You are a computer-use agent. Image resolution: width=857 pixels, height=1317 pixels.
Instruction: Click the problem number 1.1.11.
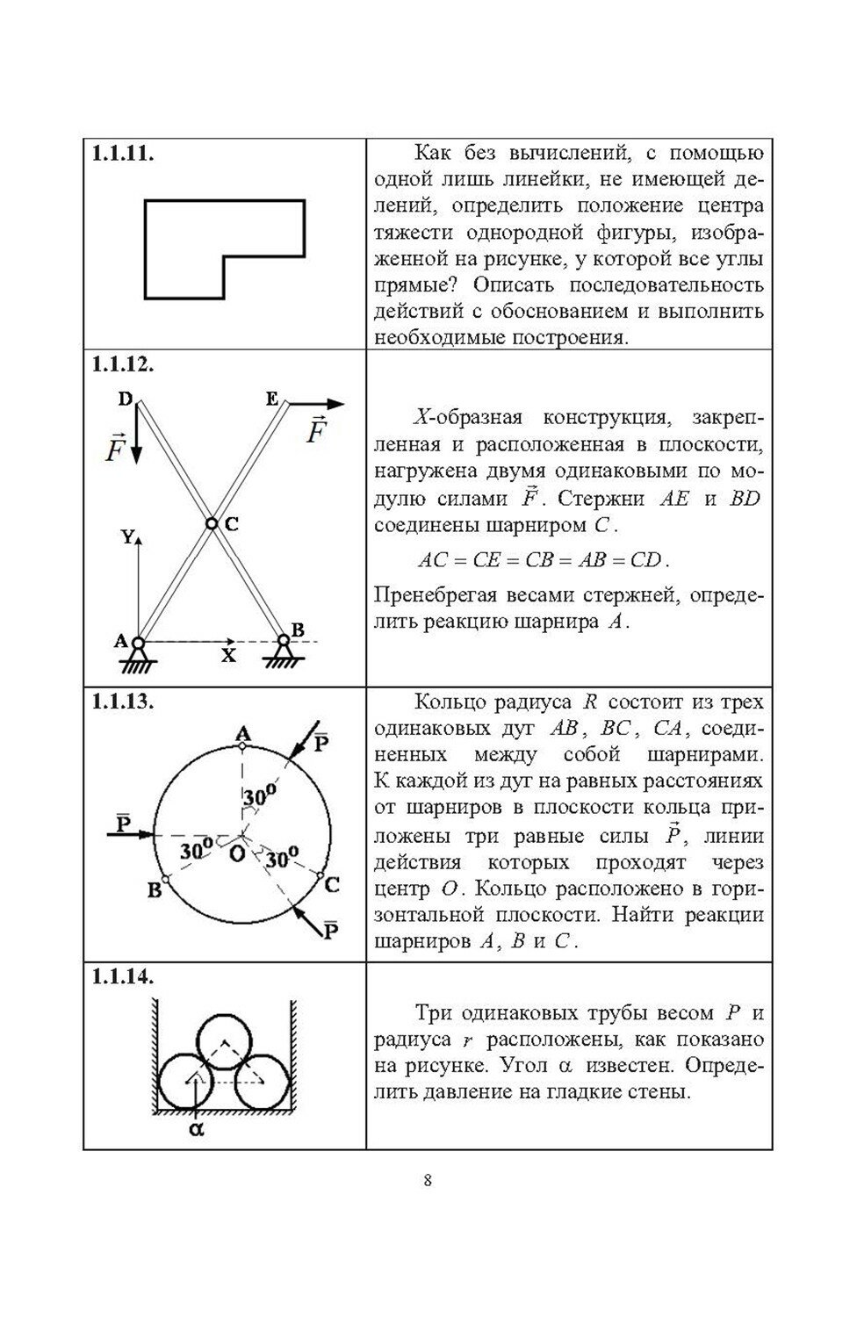click(123, 154)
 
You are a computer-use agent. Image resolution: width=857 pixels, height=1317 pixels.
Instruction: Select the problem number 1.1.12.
click(123, 363)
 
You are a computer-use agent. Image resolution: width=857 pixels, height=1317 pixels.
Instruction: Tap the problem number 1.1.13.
click(123, 702)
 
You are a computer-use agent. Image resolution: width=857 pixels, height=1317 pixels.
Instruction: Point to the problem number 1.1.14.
click(123, 976)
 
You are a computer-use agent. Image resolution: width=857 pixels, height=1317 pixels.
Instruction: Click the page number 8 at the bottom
click(428, 1179)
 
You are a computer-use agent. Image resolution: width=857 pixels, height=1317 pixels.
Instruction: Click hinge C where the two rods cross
click(211, 523)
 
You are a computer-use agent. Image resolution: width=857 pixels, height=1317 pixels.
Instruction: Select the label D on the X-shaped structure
click(125, 399)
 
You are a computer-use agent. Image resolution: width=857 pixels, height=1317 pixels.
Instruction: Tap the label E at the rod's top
click(271, 399)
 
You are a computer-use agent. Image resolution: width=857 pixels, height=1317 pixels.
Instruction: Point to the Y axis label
click(128, 537)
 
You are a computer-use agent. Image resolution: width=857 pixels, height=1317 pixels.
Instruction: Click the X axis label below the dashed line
click(228, 655)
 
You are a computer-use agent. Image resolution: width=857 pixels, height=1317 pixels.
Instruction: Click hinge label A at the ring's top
click(242, 732)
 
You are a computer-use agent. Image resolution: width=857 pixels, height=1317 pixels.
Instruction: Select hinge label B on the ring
click(155, 889)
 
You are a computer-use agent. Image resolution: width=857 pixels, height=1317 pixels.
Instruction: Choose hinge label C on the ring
click(331, 885)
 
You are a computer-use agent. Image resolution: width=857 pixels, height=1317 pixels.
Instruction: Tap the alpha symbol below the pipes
click(196, 1129)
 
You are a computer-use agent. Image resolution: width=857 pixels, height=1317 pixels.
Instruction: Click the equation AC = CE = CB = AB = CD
click(543, 560)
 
